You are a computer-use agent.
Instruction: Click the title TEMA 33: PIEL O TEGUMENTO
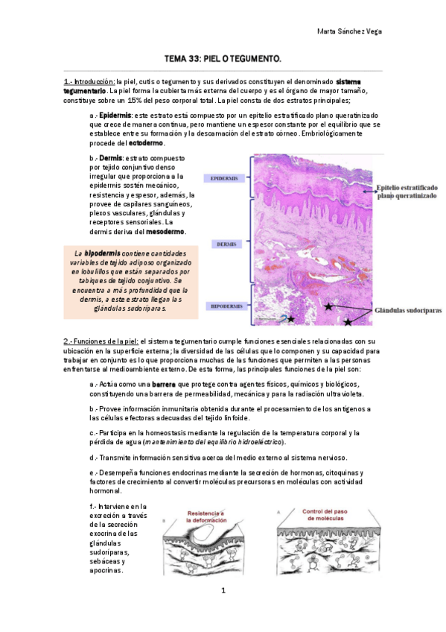click(x=223, y=57)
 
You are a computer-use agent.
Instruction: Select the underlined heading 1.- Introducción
click(x=89, y=80)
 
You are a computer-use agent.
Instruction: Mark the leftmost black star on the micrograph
click(x=290, y=319)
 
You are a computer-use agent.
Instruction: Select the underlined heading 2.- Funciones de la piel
click(x=101, y=341)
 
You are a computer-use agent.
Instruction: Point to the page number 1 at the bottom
click(x=223, y=591)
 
